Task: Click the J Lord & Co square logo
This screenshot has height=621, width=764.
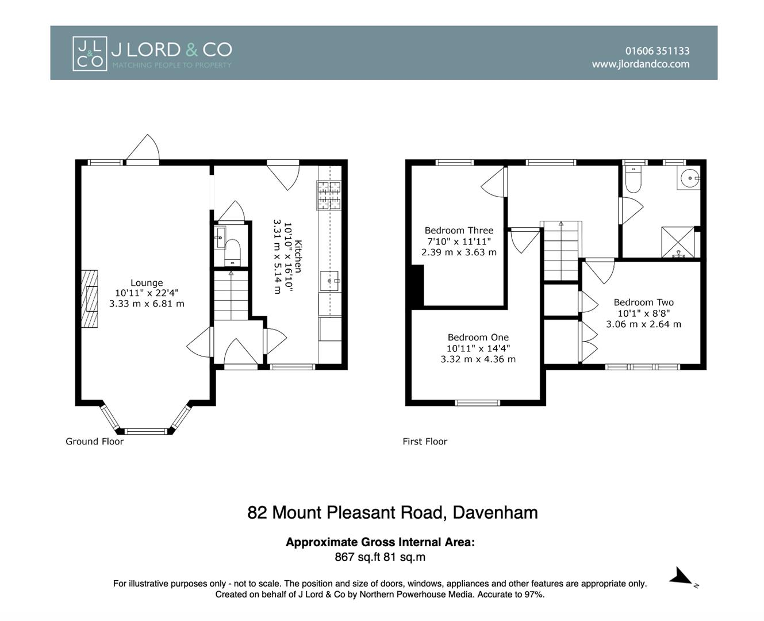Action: pyautogui.click(x=90, y=53)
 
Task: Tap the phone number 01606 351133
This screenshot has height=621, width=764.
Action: pyautogui.click(x=657, y=51)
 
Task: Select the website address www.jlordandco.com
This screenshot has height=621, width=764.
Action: pyautogui.click(x=640, y=64)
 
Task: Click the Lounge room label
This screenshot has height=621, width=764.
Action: pyautogui.click(x=147, y=283)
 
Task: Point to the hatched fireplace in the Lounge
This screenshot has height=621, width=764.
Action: pyautogui.click(x=89, y=298)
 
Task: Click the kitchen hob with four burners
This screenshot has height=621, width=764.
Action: pyautogui.click(x=329, y=195)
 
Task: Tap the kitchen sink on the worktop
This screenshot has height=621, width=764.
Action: pyautogui.click(x=329, y=281)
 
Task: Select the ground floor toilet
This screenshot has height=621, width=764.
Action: pyautogui.click(x=232, y=252)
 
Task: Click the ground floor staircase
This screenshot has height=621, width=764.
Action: pyautogui.click(x=231, y=295)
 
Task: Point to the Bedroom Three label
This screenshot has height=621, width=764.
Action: pyautogui.click(x=459, y=231)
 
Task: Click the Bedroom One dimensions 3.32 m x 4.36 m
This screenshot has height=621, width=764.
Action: pyautogui.click(x=478, y=359)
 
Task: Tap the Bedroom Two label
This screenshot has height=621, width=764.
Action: pyautogui.click(x=643, y=302)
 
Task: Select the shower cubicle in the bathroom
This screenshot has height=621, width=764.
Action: pyautogui.click(x=678, y=242)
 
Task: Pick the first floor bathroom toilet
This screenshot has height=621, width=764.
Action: pyautogui.click(x=633, y=179)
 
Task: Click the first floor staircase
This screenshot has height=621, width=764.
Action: pyautogui.click(x=561, y=251)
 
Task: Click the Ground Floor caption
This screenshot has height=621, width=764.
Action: pyautogui.click(x=95, y=441)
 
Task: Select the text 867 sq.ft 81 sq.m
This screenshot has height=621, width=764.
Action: pyautogui.click(x=380, y=557)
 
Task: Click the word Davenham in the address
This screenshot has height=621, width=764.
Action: pyautogui.click(x=496, y=512)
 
